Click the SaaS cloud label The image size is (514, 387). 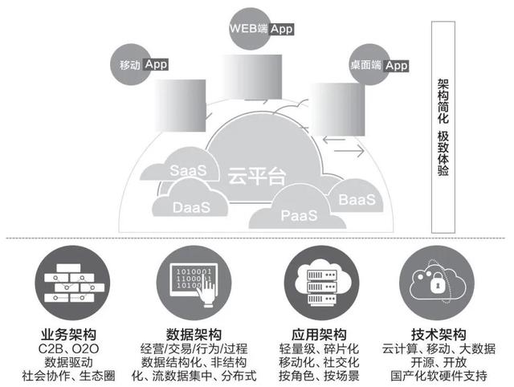pyautogui.click(x=190, y=170)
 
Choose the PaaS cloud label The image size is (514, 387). pyautogui.click(x=299, y=215)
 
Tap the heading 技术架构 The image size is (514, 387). pyautogui.click(x=447, y=335)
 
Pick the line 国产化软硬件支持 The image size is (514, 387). pyautogui.click(x=447, y=376)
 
